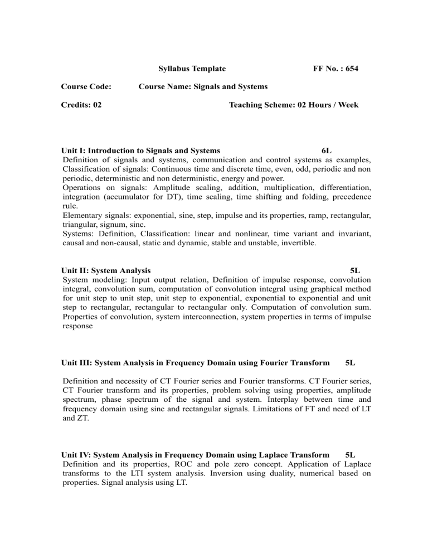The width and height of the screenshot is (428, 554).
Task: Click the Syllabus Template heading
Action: [192, 69]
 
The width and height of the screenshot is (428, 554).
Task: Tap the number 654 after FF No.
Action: [351, 69]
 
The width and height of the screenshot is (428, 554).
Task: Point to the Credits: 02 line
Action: [80, 105]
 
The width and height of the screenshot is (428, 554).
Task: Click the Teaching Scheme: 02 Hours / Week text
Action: [294, 105]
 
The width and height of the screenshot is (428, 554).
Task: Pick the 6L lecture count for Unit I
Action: [327, 150]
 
